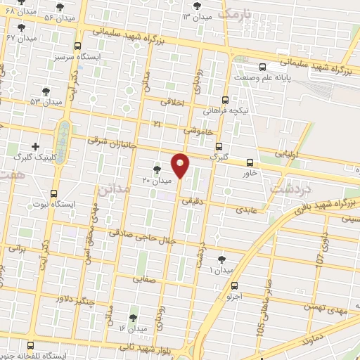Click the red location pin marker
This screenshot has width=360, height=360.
[x=181, y=165]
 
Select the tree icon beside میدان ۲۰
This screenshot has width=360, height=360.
[x=157, y=169]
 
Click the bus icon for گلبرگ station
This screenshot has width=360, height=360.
[x=219, y=147]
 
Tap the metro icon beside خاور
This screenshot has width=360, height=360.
[x=251, y=162]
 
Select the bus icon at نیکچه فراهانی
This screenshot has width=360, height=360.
[x=225, y=100]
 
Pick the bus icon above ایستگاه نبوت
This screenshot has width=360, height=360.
[x=54, y=193]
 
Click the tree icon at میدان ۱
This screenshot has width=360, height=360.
[x=223, y=259]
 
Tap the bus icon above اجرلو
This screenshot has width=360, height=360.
[x=234, y=285]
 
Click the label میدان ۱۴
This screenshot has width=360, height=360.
[x=132, y=329]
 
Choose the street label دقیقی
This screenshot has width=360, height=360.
[x=192, y=201]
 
